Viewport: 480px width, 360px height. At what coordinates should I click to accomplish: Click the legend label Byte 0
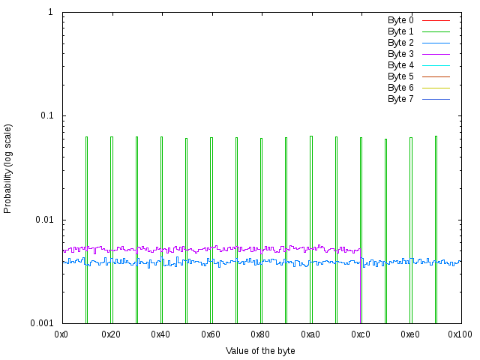pyautogui.click(x=400, y=20)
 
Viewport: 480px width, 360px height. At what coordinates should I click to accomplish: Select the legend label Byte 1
pyautogui.click(x=400, y=31)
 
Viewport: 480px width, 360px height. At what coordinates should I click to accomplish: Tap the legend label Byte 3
pyautogui.click(x=400, y=54)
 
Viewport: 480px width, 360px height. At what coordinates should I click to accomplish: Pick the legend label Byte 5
pyautogui.click(x=400, y=76)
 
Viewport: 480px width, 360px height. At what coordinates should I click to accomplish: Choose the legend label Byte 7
pyautogui.click(x=400, y=99)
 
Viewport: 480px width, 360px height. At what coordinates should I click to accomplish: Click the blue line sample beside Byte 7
pyautogui.click(x=436, y=99)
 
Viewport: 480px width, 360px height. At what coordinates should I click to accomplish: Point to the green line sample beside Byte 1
pyautogui.click(x=436, y=31)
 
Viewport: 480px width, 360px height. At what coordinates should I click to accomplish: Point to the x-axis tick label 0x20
pyautogui.click(x=112, y=333)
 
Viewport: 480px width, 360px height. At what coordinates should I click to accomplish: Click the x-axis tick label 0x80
pyautogui.click(x=261, y=333)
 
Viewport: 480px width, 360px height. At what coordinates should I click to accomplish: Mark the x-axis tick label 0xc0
pyautogui.click(x=361, y=333)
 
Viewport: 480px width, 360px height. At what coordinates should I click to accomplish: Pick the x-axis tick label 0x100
pyautogui.click(x=460, y=333)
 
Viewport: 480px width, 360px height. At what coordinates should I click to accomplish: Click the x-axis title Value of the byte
pyautogui.click(x=260, y=351)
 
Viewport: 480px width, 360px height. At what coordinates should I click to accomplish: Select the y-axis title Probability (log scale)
pyautogui.click(x=8, y=168)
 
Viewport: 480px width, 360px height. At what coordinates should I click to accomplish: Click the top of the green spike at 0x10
pyautogui.click(x=86, y=137)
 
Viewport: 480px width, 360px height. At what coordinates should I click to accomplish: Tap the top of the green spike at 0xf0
pyautogui.click(x=436, y=136)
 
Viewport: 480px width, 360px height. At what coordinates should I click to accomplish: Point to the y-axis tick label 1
pyautogui.click(x=49, y=13)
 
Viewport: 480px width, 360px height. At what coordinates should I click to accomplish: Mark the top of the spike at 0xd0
pyautogui.click(x=385, y=139)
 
